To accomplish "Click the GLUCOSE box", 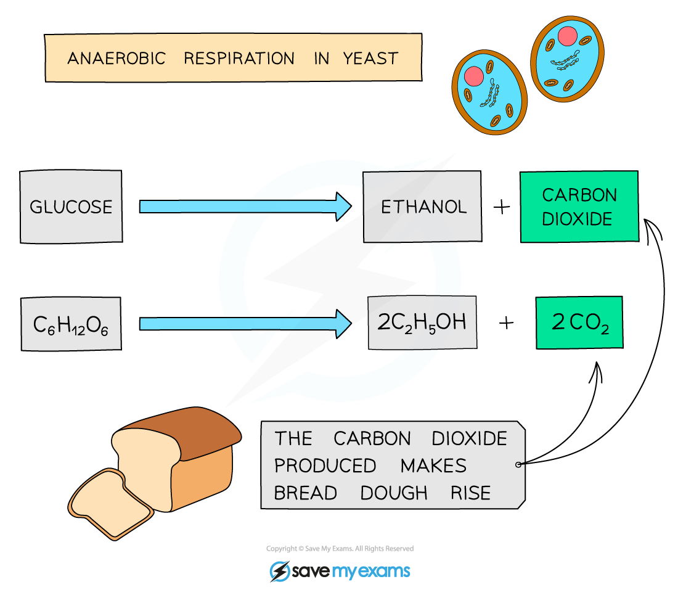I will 71,206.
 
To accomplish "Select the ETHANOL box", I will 422,206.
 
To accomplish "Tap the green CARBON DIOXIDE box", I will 579,206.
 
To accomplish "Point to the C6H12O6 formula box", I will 70,324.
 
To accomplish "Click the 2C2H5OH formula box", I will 422,322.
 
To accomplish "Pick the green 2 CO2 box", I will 579,322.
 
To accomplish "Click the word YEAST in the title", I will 370,59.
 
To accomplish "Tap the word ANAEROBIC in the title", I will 116,59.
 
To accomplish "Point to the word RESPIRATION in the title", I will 239,59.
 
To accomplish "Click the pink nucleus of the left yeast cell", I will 474,76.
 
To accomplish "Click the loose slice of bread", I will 111,503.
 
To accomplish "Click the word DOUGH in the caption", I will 394,493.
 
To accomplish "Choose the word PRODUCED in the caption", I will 325,466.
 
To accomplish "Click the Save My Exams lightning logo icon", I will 280,571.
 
